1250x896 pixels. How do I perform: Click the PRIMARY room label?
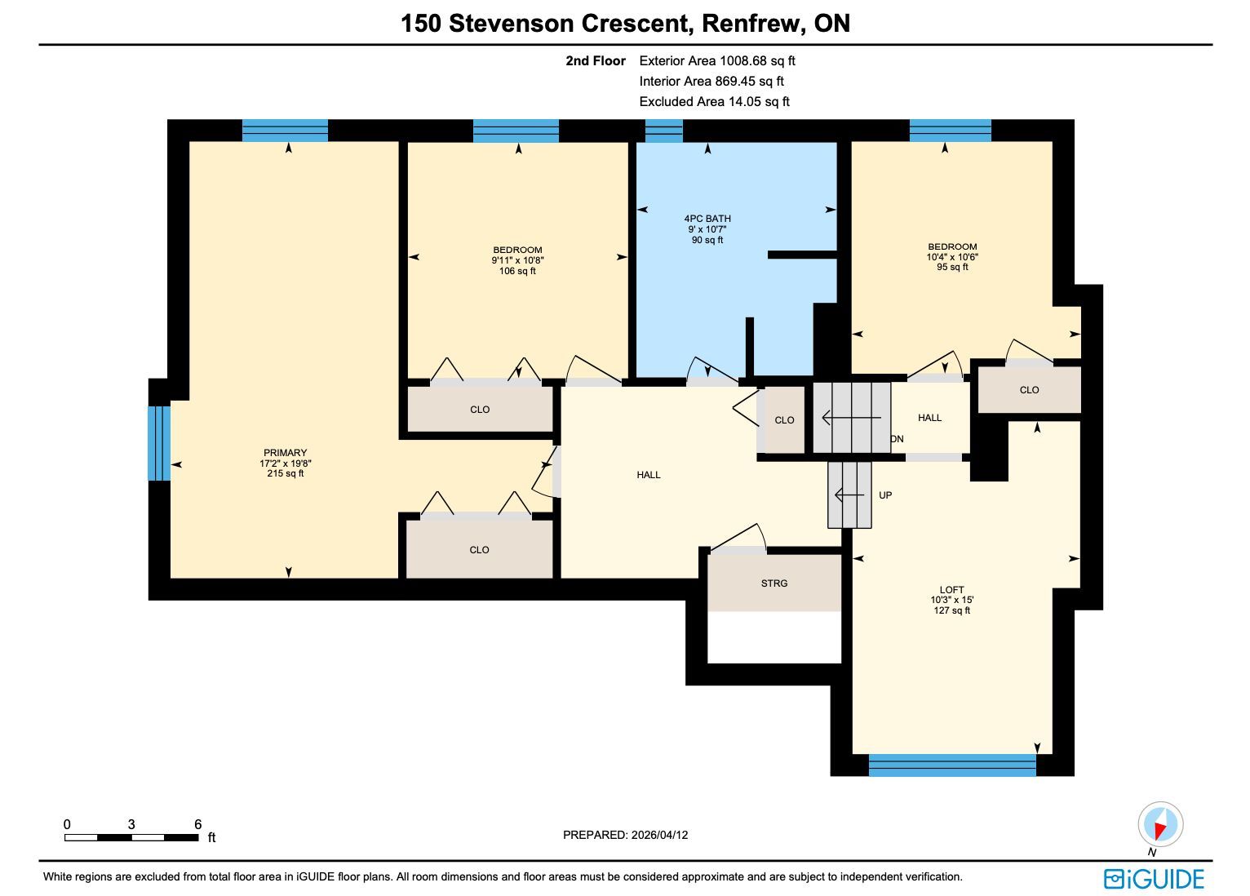[x=285, y=453]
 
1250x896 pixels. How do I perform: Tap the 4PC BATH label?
[x=707, y=219]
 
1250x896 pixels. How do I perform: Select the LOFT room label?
[x=951, y=589]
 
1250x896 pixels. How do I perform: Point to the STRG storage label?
[x=774, y=583]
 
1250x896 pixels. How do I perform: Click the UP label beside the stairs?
[x=885, y=495]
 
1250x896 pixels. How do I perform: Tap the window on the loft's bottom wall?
[x=952, y=765]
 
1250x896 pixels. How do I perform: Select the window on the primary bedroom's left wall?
[x=159, y=443]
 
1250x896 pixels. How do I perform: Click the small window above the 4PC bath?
[x=663, y=131]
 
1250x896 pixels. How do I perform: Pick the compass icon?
[x=1160, y=824]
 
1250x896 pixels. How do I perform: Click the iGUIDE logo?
[x=1154, y=879]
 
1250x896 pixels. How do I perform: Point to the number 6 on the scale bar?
[x=198, y=824]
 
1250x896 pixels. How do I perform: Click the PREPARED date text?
[x=625, y=835]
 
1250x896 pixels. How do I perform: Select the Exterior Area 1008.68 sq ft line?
[x=717, y=61]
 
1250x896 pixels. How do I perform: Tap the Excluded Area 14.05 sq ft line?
[x=714, y=102]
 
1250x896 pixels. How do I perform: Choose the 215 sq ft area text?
[x=285, y=473]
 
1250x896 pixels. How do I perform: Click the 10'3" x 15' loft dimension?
[x=951, y=600]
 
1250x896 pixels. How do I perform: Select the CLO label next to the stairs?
[x=784, y=420]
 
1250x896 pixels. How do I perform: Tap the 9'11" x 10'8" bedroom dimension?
[x=517, y=260]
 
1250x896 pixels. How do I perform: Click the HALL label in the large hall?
[x=649, y=475]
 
